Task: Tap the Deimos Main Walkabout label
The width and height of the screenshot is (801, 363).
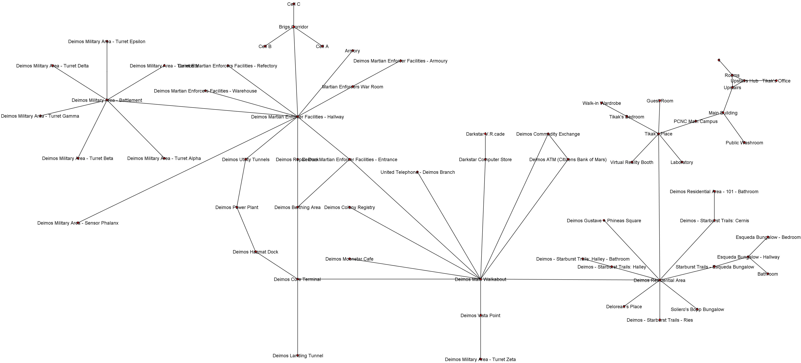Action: pyautogui.click(x=480, y=280)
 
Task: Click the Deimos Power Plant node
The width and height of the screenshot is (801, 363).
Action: pyautogui.click(x=237, y=207)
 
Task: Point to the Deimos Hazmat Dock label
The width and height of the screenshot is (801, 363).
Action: pyautogui.click(x=255, y=252)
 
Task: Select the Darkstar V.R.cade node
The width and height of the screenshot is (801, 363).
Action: pyautogui.click(x=485, y=134)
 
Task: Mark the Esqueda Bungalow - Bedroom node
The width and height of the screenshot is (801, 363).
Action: pyautogui.click(x=768, y=237)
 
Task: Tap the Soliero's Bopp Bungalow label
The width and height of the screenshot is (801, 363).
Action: pyautogui.click(x=697, y=309)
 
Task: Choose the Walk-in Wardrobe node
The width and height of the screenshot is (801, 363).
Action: pyautogui.click(x=602, y=103)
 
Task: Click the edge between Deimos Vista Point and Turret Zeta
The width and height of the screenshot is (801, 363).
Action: pyautogui.click(x=480, y=337)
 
